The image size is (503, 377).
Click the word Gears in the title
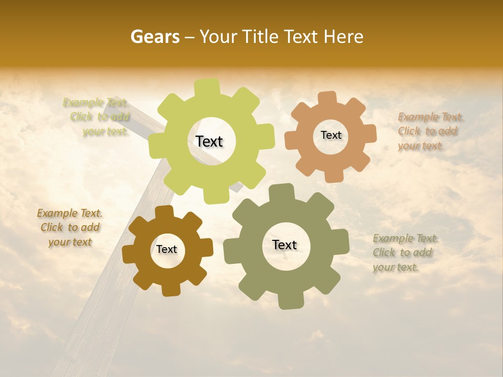pyautogui.click(x=155, y=37)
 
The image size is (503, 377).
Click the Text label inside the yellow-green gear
pyautogui.click(x=209, y=141)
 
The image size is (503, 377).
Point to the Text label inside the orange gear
pyautogui.click(x=331, y=135)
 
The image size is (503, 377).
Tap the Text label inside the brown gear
pyautogui.click(x=167, y=249)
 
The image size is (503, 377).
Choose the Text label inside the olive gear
pyautogui.click(x=285, y=245)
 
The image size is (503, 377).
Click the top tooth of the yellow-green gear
pyautogui.click(x=207, y=87)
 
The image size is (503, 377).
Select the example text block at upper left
pyautogui.click(x=97, y=117)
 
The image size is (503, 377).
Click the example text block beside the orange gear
pyautogui.click(x=430, y=131)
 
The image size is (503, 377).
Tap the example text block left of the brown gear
pyautogui.click(x=70, y=227)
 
